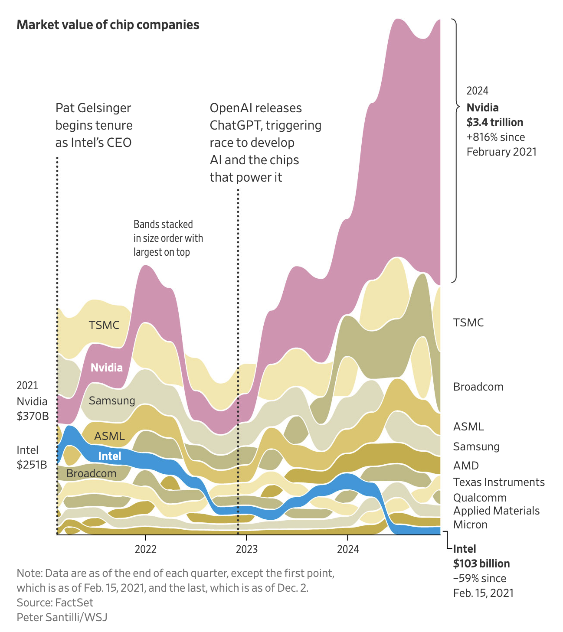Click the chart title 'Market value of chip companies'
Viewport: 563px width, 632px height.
(108, 25)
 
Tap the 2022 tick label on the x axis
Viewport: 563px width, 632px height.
(145, 549)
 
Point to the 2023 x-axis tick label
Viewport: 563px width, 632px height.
(246, 549)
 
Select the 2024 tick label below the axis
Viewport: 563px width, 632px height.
(348, 549)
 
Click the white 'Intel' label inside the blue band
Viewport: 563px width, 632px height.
(109, 456)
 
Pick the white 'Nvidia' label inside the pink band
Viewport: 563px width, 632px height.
(106, 368)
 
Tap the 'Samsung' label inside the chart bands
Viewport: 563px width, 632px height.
(111, 401)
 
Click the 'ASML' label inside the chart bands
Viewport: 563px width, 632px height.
(109, 436)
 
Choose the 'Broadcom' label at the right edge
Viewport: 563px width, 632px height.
(478, 387)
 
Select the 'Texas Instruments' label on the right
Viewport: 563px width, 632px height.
(499, 482)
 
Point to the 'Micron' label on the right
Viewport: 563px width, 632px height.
(470, 524)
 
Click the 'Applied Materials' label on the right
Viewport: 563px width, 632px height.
(496, 511)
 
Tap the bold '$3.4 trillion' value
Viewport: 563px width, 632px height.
(495, 122)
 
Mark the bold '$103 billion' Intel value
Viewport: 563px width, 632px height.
(481, 564)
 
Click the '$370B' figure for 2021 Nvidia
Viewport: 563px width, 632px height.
(33, 416)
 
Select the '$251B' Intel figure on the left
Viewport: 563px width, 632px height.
(32, 464)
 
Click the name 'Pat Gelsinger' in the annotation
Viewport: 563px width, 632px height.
(93, 108)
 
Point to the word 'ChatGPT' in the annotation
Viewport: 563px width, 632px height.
(236, 125)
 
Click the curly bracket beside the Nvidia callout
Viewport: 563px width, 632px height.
(455, 150)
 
